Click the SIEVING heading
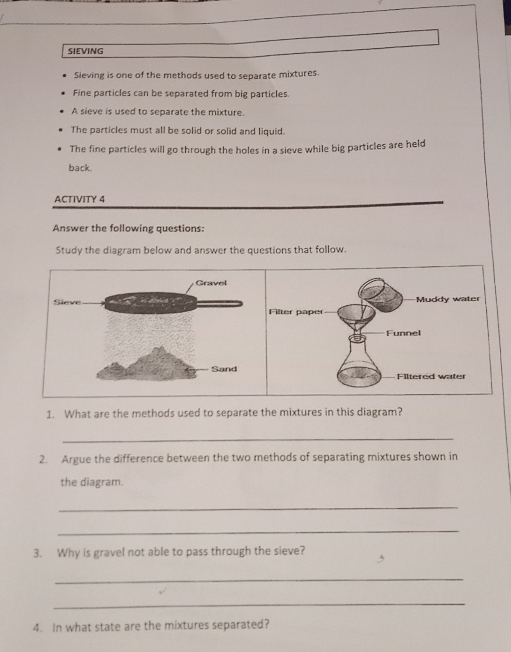(x=86, y=51)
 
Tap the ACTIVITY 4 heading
(x=80, y=199)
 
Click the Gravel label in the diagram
(x=211, y=283)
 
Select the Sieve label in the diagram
(x=67, y=302)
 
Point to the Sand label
(x=224, y=369)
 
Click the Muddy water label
(x=448, y=299)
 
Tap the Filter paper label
(x=295, y=311)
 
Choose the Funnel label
(x=403, y=333)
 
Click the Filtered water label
(x=431, y=376)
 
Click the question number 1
(x=50, y=414)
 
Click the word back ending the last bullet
(x=79, y=168)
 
